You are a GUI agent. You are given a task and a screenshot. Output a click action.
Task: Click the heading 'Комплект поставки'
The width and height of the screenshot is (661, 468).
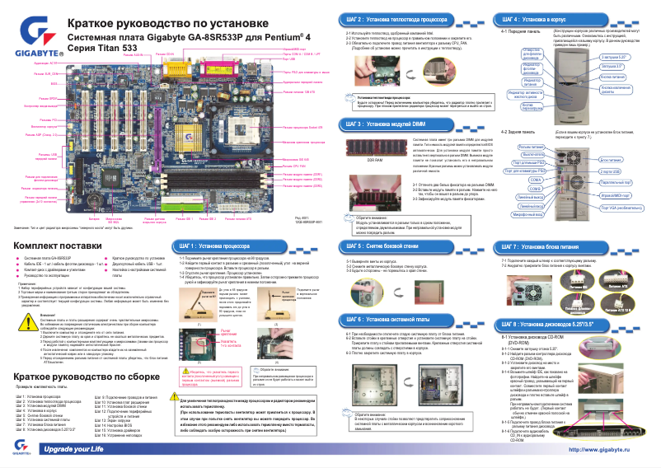57,223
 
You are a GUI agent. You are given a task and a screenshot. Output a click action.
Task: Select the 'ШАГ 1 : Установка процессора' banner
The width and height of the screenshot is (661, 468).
212,223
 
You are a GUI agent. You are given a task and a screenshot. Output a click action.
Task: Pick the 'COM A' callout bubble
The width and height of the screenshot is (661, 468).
536,179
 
